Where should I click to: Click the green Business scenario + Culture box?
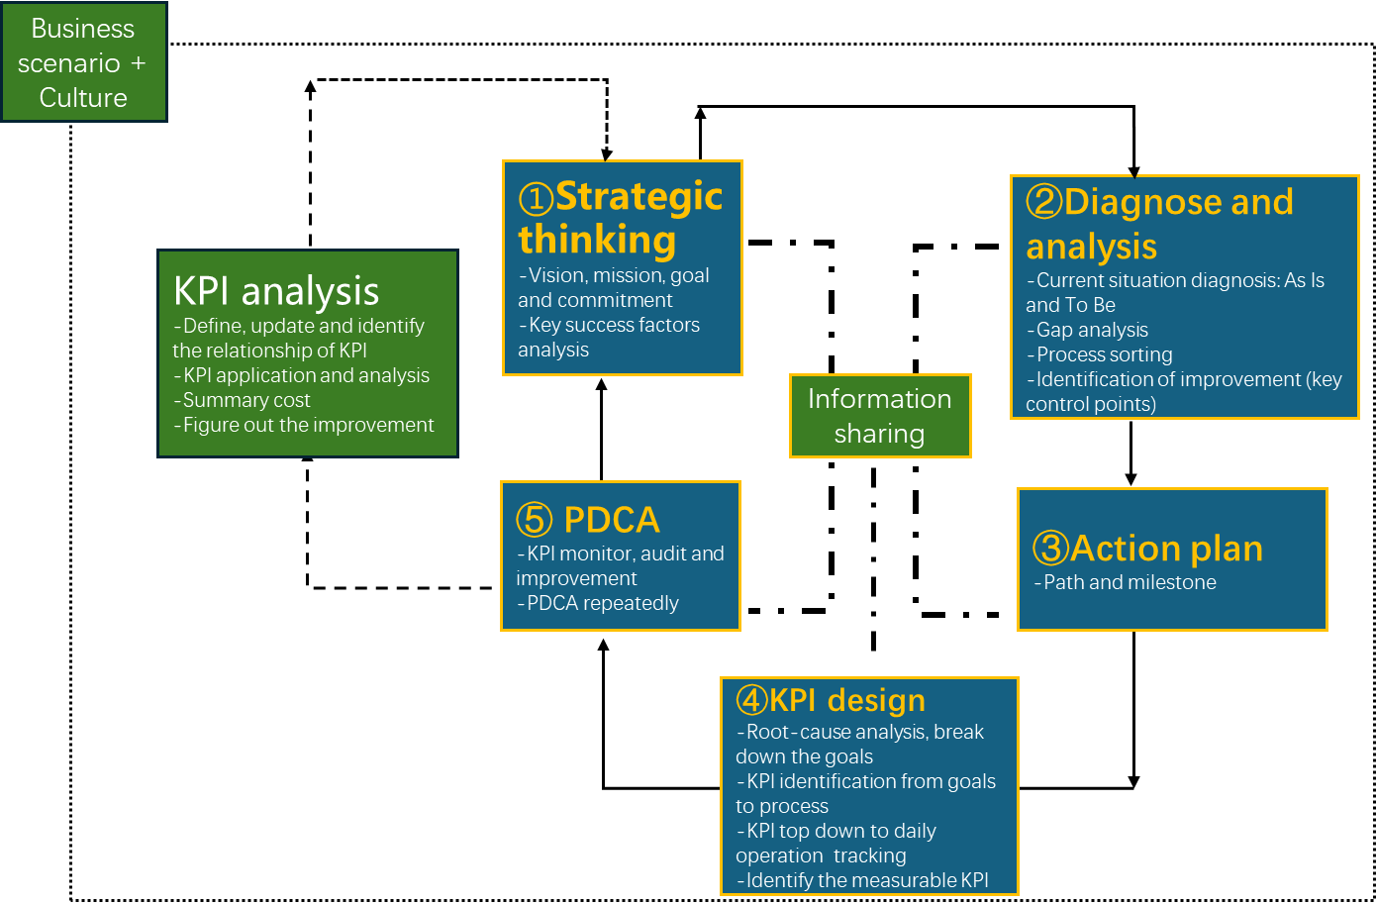(x=84, y=61)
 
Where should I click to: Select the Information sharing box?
(x=880, y=416)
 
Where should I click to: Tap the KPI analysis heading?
(x=276, y=291)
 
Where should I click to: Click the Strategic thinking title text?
(x=621, y=218)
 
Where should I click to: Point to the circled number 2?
(x=1044, y=202)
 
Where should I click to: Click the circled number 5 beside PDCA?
(x=534, y=519)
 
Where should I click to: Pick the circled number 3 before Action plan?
(x=1051, y=548)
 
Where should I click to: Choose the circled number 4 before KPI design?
(x=752, y=700)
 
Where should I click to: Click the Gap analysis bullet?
(x=1087, y=330)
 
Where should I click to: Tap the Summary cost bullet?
(x=242, y=400)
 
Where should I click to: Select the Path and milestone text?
(x=1125, y=582)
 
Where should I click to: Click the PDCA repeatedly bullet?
(x=598, y=603)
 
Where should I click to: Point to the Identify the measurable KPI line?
(x=862, y=880)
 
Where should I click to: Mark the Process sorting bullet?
(x=1100, y=354)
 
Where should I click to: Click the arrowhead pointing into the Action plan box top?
(x=1130, y=479)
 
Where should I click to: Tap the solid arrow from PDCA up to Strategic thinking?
(x=602, y=430)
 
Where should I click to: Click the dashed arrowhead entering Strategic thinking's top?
(x=607, y=154)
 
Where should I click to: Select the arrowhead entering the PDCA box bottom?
(x=604, y=646)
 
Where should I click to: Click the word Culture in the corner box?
(x=83, y=98)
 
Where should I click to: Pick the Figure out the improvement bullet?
(x=304, y=425)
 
